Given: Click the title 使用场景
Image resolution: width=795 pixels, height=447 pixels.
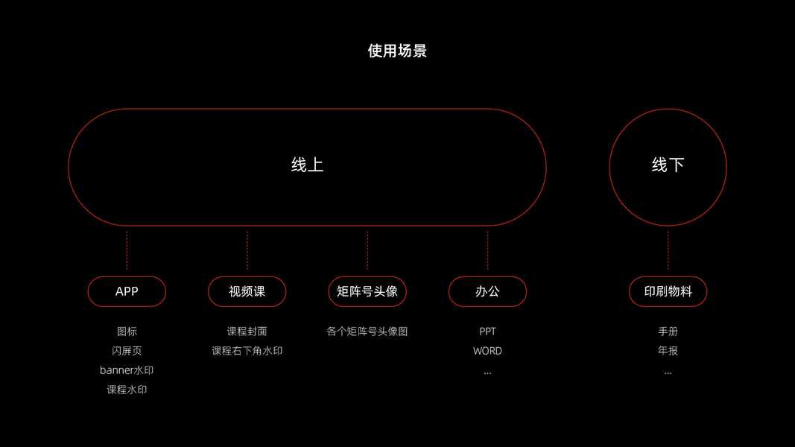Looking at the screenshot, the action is coord(397,51).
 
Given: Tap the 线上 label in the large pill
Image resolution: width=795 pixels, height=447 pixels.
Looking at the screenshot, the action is coord(307,165).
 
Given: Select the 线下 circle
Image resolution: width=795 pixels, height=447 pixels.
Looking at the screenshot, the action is coord(668,166).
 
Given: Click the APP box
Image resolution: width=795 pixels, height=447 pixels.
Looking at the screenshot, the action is coord(127,291).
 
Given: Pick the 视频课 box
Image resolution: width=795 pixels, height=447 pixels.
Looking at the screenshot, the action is coord(247,291).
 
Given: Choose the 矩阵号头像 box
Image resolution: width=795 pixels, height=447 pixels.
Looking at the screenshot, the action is coord(367,291).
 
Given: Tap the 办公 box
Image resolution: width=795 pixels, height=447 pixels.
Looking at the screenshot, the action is coord(487,291).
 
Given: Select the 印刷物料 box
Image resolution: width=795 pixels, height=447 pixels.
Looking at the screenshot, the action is coord(668,291).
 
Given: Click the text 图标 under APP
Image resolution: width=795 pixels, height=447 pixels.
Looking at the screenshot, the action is coord(127,332).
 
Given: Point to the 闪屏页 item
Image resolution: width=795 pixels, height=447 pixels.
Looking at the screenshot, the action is coord(127,351).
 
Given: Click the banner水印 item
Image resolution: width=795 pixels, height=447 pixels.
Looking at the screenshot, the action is coord(127,370).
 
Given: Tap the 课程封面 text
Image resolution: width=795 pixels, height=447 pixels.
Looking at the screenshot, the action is coord(247,332).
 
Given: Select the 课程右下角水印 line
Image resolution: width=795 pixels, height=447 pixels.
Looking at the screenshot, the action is coord(247,351).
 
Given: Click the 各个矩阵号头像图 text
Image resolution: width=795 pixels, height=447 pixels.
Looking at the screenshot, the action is coord(367,332).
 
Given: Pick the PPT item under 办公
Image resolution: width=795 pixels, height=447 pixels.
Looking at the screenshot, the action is coord(487,332).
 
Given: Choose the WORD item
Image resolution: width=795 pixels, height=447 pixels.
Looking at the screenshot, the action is coord(487,351).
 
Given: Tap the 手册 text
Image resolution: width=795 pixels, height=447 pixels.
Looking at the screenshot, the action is coord(668,332).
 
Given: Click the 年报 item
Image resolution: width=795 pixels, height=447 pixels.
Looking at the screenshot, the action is coord(668,351).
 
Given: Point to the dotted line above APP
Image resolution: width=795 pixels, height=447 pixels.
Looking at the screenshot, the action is coord(127,250).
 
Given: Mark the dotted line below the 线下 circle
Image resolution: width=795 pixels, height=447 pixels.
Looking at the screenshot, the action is coord(668,250).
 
